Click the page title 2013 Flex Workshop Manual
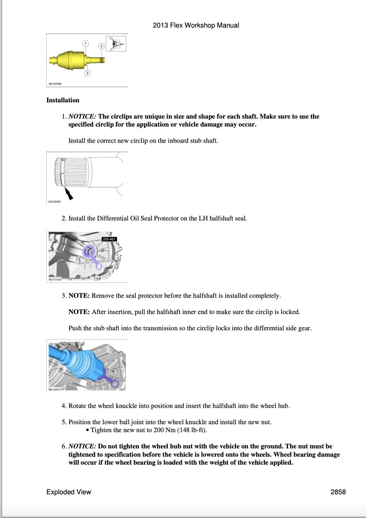pyautogui.click(x=196, y=25)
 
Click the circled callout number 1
pyautogui.click(x=86, y=44)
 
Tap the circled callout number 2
pyautogui.click(x=87, y=73)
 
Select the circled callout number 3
pyautogui.click(x=101, y=46)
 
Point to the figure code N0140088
pyautogui.click(x=55, y=84)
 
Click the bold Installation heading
pyautogui.click(x=63, y=100)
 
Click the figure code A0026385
pyautogui.click(x=55, y=202)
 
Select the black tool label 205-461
pyautogui.click(x=109, y=239)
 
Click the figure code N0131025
pyautogui.click(x=55, y=279)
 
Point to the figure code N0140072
pyautogui.click(x=55, y=389)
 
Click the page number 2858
pyautogui.click(x=338, y=492)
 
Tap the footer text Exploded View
pyautogui.click(x=69, y=492)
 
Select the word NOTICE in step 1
pyautogui.click(x=82, y=116)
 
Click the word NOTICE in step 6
pyautogui.click(x=82, y=446)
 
